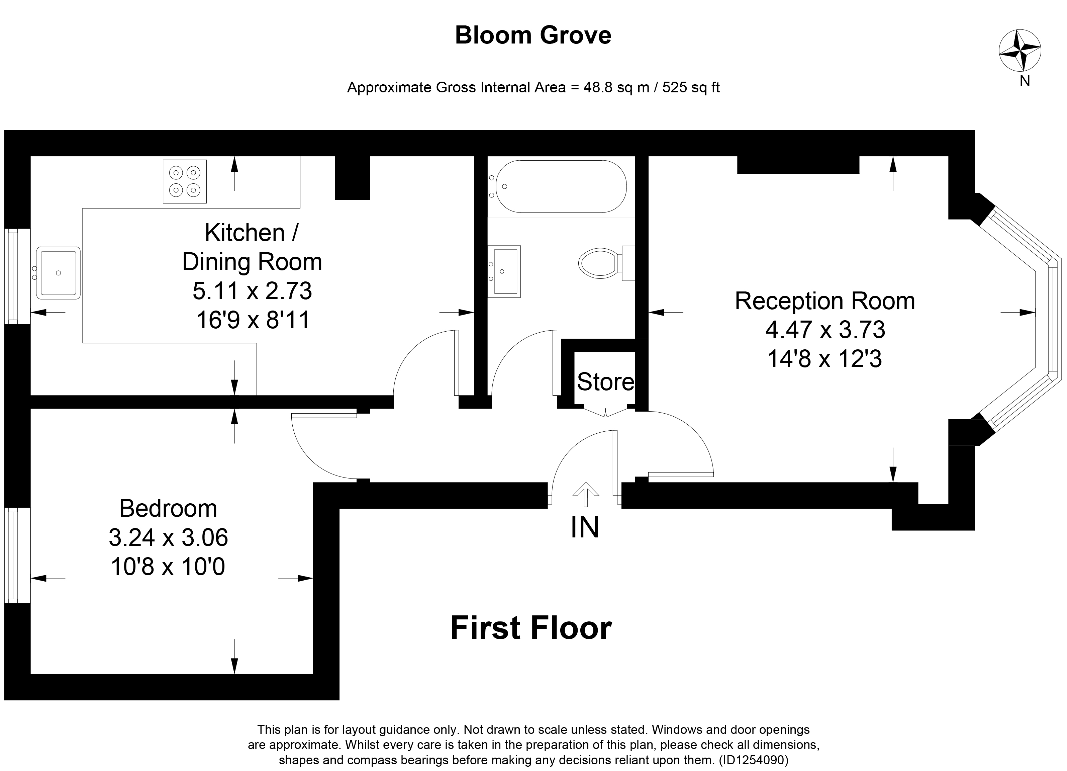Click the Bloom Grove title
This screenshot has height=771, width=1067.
(x=533, y=35)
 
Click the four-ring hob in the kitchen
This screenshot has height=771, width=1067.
(x=184, y=181)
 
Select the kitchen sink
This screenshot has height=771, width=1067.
(x=58, y=273)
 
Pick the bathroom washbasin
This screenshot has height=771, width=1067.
(x=504, y=272)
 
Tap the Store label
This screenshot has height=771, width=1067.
(x=605, y=382)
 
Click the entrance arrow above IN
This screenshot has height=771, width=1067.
(x=586, y=495)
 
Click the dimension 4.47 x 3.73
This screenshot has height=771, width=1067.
(x=825, y=330)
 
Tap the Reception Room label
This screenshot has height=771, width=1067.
(x=825, y=301)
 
